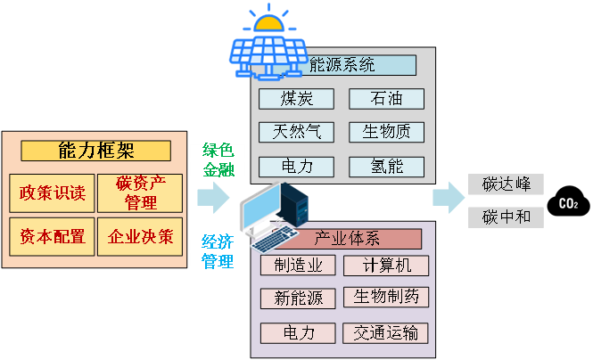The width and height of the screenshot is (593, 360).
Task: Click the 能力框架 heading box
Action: click(x=95, y=151)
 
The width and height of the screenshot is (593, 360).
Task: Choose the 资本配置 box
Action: click(x=53, y=237)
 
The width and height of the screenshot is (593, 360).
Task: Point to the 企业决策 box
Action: click(x=140, y=237)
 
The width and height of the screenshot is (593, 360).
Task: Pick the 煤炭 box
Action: click(x=296, y=98)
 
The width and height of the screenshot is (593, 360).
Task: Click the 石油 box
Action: click(x=386, y=98)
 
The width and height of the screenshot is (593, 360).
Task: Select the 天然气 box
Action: click(x=296, y=132)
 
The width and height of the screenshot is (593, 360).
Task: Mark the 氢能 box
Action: click(x=386, y=166)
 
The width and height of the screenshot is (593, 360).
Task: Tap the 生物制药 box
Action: click(x=386, y=297)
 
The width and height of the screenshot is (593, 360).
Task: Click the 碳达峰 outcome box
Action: click(x=506, y=184)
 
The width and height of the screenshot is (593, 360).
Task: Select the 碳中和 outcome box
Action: click(x=506, y=217)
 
